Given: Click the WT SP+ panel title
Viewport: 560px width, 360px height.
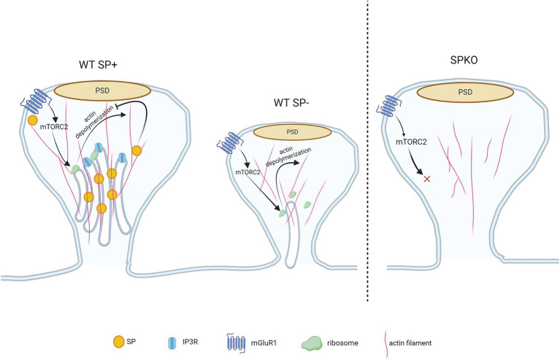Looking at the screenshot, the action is pyautogui.click(x=99, y=65).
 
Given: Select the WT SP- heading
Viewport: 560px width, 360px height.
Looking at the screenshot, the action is pyautogui.click(x=292, y=103).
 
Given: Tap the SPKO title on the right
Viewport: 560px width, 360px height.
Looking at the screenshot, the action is pyautogui.click(x=464, y=61).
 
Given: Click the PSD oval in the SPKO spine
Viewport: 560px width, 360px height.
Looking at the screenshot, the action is pyautogui.click(x=465, y=93).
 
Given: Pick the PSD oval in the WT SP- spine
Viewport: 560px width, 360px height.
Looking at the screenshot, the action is pyautogui.click(x=292, y=132).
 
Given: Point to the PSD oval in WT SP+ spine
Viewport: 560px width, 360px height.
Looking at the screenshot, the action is pyautogui.click(x=102, y=91).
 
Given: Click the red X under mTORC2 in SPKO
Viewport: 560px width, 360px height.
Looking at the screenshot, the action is pyautogui.click(x=426, y=179).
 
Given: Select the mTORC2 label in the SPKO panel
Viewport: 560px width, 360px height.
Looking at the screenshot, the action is pyautogui.click(x=412, y=142).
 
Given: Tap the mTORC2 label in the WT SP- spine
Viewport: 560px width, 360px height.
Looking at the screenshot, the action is pyautogui.click(x=248, y=172).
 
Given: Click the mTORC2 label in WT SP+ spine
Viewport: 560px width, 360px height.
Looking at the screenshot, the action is pyautogui.click(x=53, y=126).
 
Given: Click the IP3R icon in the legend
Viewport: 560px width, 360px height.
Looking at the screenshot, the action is pyautogui.click(x=172, y=343).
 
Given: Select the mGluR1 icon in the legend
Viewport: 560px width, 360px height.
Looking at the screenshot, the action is pyautogui.click(x=236, y=343).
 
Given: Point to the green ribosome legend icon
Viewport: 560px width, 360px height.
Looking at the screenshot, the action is pyautogui.click(x=312, y=343).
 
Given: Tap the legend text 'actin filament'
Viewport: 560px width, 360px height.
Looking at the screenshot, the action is pyautogui.click(x=410, y=343).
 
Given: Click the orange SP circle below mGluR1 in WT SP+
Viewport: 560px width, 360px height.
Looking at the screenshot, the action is pyautogui.click(x=33, y=120).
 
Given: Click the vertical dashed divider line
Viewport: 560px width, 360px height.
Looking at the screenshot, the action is pyautogui.click(x=367, y=150).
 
